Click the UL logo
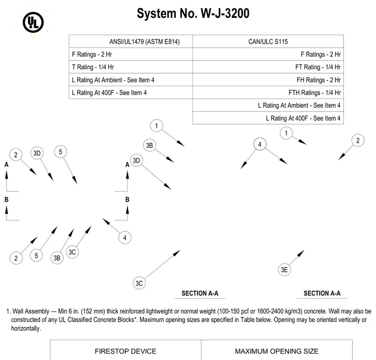[33, 22]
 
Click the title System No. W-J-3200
[193, 13]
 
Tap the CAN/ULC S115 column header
[268, 42]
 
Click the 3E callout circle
[284, 270]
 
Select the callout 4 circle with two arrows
[260, 144]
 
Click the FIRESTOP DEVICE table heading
[125, 351]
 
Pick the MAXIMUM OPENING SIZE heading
[277, 351]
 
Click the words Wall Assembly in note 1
[31, 311]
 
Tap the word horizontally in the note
[26, 329]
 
